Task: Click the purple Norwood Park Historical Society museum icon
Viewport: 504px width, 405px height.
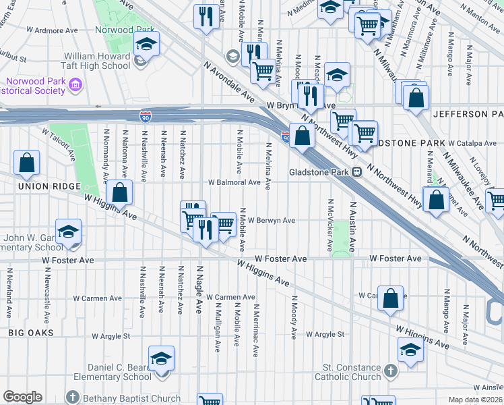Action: (x=75, y=85)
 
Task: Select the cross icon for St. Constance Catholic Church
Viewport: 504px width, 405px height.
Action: (x=390, y=371)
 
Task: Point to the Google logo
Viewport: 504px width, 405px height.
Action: (x=22, y=397)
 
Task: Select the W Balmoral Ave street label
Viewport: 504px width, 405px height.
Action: (x=234, y=182)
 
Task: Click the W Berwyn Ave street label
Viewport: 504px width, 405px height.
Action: (x=272, y=220)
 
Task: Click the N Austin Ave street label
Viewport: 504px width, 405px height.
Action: (x=352, y=227)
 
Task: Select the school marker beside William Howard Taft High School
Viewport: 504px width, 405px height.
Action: (x=146, y=44)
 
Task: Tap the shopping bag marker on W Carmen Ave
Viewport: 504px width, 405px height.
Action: (x=390, y=298)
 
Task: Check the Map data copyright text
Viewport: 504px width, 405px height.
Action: (x=476, y=400)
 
